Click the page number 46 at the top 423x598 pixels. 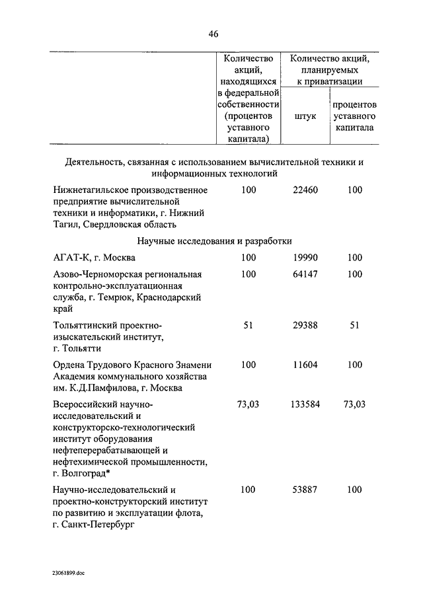213,34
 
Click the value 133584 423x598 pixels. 305,403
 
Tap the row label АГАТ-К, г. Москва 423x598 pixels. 95,258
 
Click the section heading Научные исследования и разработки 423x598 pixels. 214,241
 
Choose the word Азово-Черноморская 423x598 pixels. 95,274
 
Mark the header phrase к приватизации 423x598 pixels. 329,82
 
